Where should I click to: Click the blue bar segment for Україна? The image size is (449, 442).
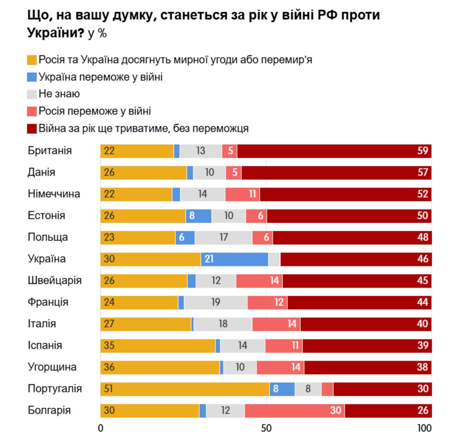point(234,259)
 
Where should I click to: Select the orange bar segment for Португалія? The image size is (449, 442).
point(185,389)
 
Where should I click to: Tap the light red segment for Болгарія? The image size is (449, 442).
point(295,410)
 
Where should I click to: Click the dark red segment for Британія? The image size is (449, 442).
point(334,151)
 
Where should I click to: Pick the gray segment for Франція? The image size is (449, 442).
point(216,302)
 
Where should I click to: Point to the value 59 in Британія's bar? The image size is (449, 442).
point(423,151)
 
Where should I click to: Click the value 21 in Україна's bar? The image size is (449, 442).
point(209,259)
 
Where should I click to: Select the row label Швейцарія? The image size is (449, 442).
point(55,281)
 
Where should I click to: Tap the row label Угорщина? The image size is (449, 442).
point(52,367)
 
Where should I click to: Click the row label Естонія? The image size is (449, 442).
point(46,215)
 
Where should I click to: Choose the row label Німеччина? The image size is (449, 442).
point(54,194)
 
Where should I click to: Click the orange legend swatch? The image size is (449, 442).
point(32,60)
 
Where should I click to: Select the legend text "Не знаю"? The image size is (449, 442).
point(59,94)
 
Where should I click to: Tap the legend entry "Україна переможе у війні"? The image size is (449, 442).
point(100,77)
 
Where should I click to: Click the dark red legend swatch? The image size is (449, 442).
point(32,128)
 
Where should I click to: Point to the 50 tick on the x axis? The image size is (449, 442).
point(266,428)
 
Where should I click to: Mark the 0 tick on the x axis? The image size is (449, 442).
point(101,428)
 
